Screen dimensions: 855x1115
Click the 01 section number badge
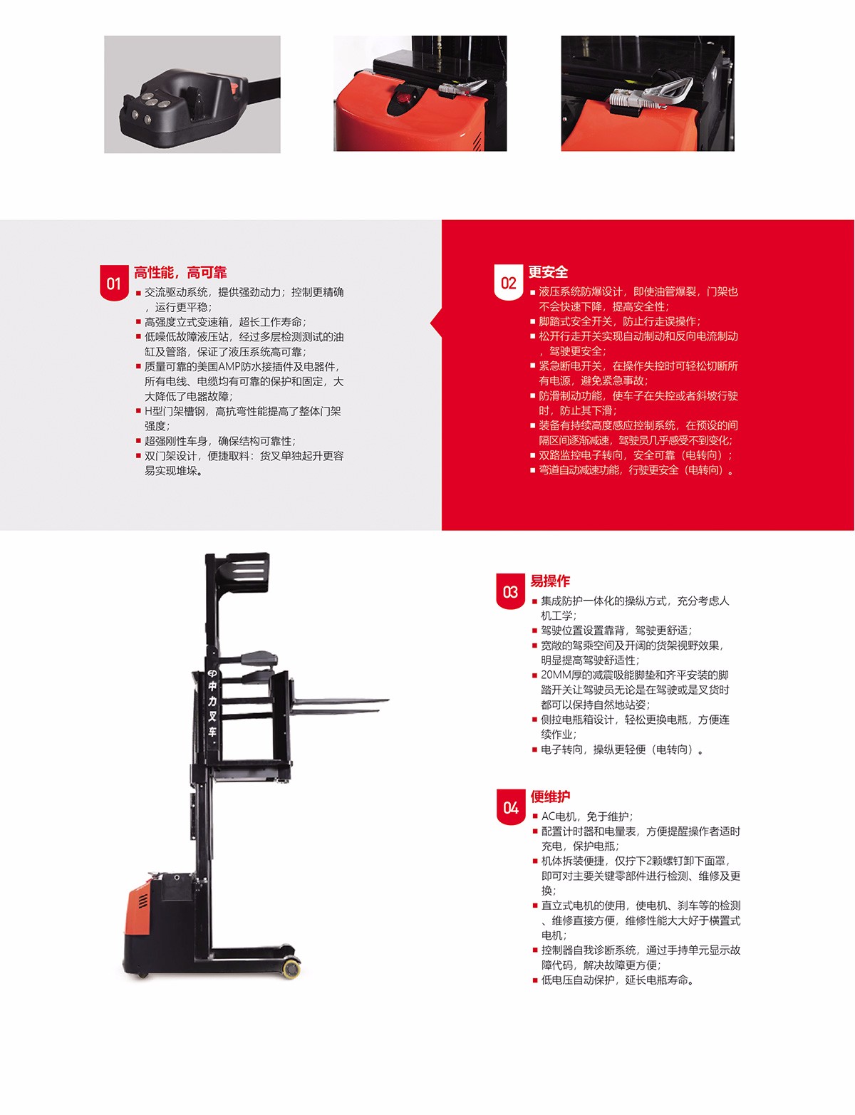click(114, 282)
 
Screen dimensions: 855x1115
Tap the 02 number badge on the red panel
click(508, 281)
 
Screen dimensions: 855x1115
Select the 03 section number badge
click(510, 591)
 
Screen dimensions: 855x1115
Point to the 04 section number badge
click(511, 807)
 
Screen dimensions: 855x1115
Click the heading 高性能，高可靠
click(180, 272)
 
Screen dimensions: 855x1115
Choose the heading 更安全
click(549, 271)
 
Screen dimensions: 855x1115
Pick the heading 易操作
click(550, 581)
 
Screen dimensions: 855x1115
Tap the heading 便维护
click(550, 797)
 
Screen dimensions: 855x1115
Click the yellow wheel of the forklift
click(291, 969)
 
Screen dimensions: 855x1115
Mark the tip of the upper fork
click(388, 700)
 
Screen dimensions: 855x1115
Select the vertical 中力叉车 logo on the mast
click(212, 703)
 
